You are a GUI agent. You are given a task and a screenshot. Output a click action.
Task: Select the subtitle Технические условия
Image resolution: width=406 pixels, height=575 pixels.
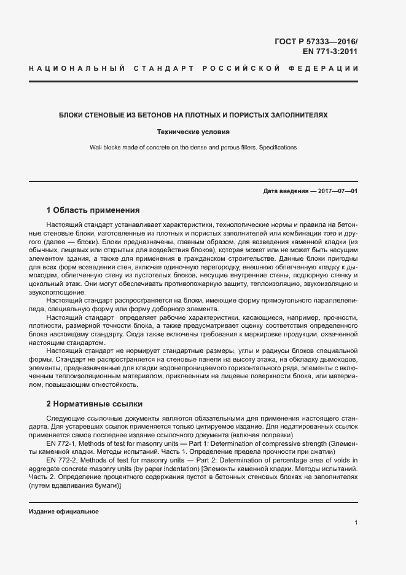193,132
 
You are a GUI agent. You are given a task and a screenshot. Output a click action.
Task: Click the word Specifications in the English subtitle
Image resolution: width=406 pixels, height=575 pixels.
276,148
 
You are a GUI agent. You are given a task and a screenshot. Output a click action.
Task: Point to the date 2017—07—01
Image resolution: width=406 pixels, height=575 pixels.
335,191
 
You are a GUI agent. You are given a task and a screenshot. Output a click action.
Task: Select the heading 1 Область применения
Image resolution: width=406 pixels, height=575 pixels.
93,210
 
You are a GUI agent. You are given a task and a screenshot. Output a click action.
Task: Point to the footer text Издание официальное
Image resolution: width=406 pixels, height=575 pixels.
63,512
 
